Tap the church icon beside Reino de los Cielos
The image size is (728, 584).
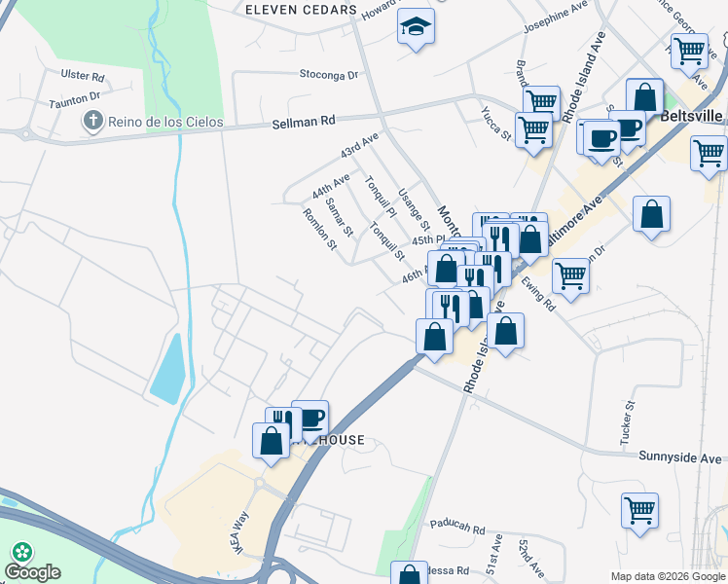point(92,122)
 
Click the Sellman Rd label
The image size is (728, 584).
point(303,120)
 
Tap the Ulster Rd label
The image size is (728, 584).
point(82,76)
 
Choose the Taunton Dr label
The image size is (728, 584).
point(75,97)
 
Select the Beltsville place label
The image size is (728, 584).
point(691,115)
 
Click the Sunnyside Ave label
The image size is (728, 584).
point(680,456)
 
